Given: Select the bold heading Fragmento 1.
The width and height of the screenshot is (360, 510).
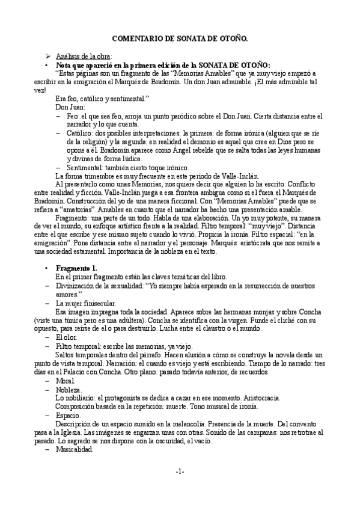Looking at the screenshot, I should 76,267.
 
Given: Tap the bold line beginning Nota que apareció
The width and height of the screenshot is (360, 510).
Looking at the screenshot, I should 163,65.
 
